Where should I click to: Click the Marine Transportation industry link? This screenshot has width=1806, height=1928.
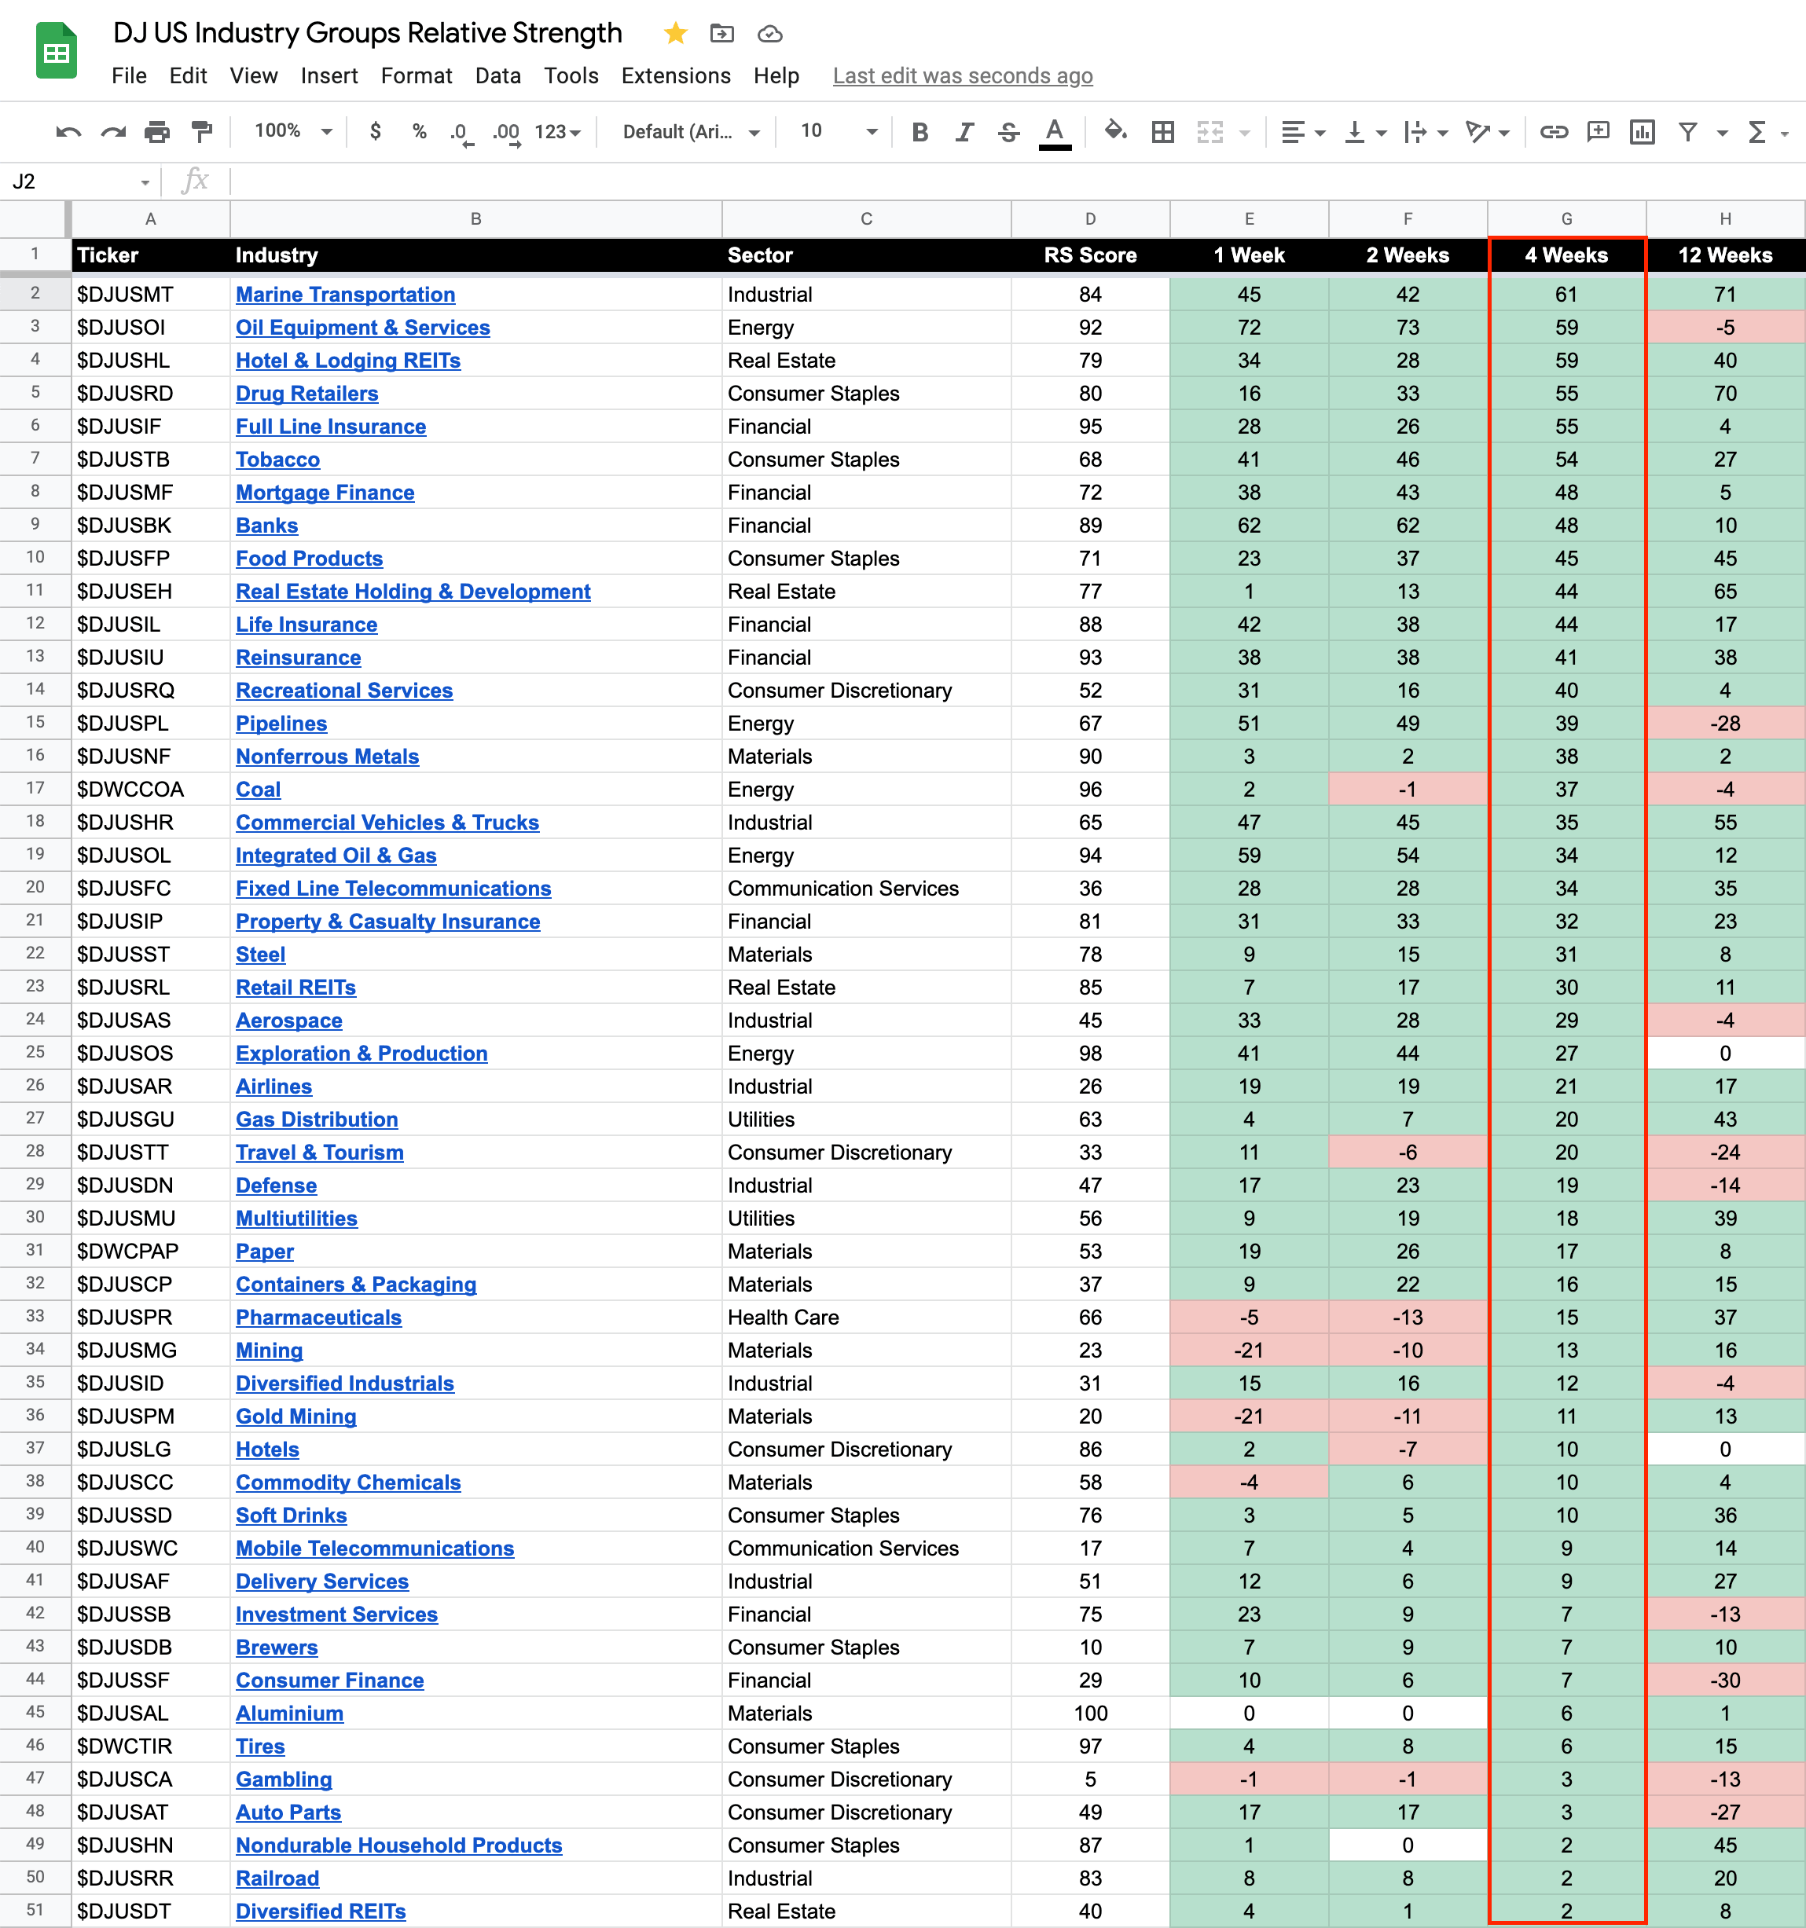(345, 294)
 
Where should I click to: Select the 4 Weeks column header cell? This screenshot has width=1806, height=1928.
(1566, 255)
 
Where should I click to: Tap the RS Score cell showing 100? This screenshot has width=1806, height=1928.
(1089, 1713)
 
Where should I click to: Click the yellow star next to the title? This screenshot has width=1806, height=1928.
(675, 34)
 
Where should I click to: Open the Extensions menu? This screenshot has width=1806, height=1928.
(675, 75)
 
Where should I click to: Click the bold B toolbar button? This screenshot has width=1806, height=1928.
(920, 132)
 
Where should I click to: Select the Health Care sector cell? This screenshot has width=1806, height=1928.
(783, 1317)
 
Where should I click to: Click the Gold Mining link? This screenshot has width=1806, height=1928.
(295, 1416)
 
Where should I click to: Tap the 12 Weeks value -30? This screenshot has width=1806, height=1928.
(1724, 1680)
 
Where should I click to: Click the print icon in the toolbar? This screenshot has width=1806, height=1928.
(157, 132)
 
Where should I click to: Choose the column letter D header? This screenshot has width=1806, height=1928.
(1089, 219)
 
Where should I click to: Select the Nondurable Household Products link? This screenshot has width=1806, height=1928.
(398, 1845)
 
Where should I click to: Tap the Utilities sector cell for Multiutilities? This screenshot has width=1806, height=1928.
(761, 1218)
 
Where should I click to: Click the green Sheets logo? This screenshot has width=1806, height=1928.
(57, 50)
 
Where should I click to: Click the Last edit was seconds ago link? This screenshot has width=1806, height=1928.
(962, 75)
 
